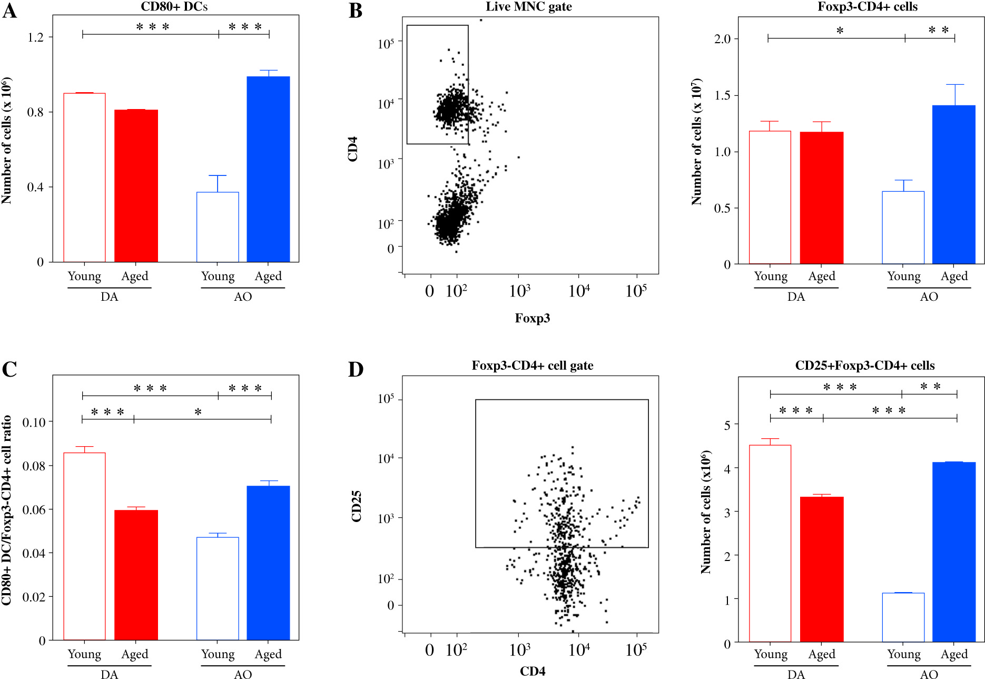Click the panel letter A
tap(10, 11)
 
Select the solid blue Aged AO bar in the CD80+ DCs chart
tap(268, 169)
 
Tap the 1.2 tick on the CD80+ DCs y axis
tap(36, 37)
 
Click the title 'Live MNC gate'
tap(528, 7)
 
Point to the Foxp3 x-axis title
tap(532, 318)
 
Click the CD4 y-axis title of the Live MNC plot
tap(353, 149)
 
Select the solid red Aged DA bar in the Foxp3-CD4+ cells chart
tap(821, 198)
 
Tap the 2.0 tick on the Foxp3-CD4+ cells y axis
tap(722, 39)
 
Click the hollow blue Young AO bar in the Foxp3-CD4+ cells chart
tap(903, 227)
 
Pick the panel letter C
tap(9, 369)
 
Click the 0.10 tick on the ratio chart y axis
tap(34, 422)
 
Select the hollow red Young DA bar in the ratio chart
tap(84, 546)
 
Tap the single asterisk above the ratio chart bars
tap(198, 412)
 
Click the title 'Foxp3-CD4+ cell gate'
tap(532, 366)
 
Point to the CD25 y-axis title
tap(357, 506)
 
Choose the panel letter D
tap(356, 369)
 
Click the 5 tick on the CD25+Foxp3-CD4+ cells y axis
tap(727, 425)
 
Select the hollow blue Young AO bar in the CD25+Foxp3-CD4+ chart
tap(903, 617)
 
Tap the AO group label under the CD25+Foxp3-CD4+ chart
tap(929, 675)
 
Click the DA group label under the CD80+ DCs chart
tap(109, 297)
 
